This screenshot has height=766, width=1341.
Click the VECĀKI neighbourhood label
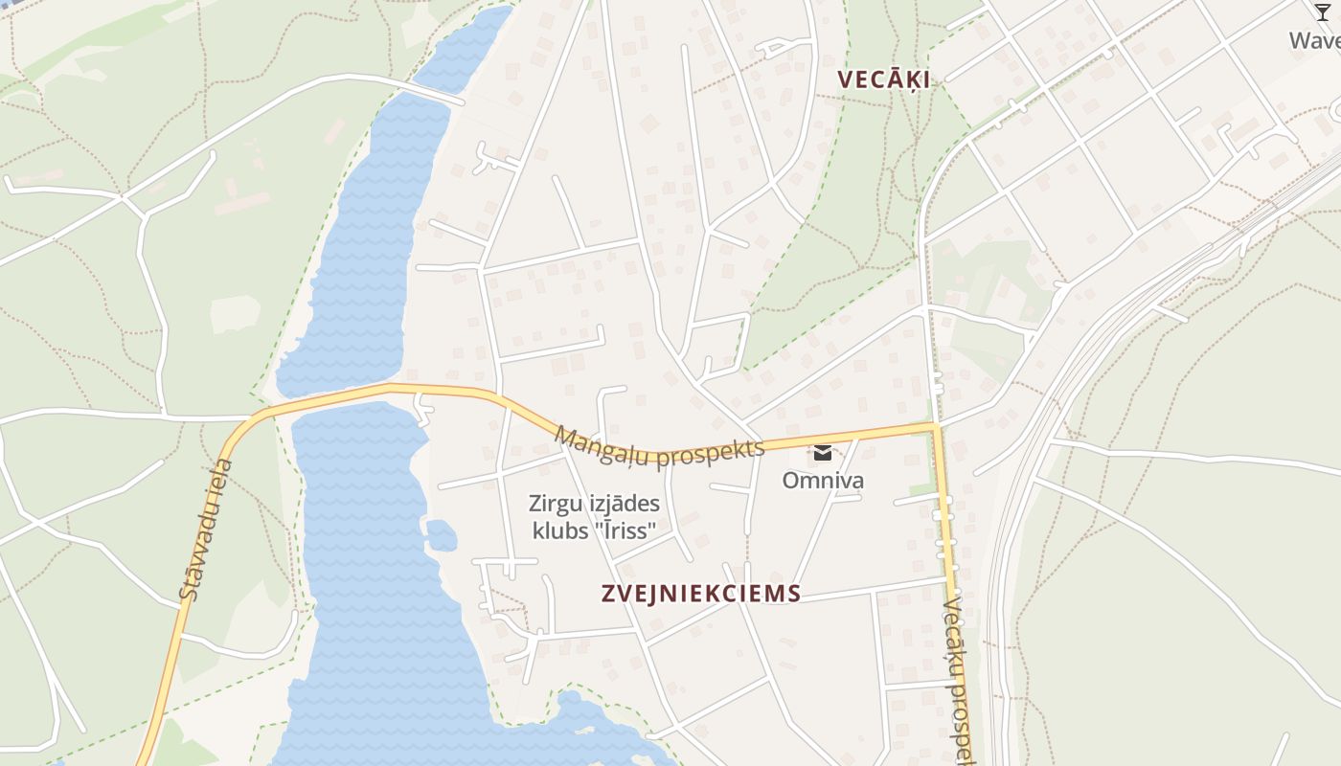[883, 79]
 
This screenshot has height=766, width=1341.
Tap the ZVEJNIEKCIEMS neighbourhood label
[701, 594]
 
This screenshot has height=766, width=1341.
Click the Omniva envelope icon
[823, 453]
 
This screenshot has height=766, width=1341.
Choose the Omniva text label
[823, 480]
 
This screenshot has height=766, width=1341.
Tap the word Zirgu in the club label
[554, 504]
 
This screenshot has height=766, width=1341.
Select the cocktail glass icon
[1323, 11]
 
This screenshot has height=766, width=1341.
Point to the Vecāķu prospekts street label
[959, 680]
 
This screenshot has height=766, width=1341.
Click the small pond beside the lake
[442, 534]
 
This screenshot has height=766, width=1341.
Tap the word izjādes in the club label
[622, 504]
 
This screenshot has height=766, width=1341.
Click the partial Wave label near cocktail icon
[1315, 40]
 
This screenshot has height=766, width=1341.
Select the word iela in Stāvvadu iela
[222, 479]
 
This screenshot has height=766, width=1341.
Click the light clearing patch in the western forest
[235, 313]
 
